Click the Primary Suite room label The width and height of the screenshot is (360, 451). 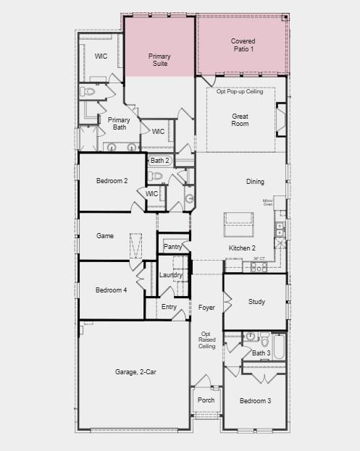click(x=159, y=60)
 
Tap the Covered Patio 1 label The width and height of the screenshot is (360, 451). click(x=243, y=45)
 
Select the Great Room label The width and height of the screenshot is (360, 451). click(x=240, y=119)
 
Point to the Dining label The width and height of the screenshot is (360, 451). click(x=255, y=182)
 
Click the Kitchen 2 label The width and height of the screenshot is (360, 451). click(x=243, y=248)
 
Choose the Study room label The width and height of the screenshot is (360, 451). click(x=256, y=302)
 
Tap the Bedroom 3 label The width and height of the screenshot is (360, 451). click(x=256, y=400)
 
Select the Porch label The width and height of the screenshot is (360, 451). click(x=206, y=399)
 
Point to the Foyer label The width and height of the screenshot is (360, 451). click(x=206, y=308)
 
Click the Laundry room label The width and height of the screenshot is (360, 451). click(x=171, y=275)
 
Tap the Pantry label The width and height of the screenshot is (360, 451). click(x=172, y=247)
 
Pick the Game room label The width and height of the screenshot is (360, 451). click(x=106, y=236)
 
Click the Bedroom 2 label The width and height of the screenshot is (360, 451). click(x=112, y=180)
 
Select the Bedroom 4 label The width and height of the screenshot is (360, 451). click(x=112, y=290)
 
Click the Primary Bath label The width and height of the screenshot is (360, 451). click(x=118, y=124)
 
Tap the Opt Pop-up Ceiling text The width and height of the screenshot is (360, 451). click(x=240, y=91)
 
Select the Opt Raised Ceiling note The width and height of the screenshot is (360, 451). click(x=207, y=340)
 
